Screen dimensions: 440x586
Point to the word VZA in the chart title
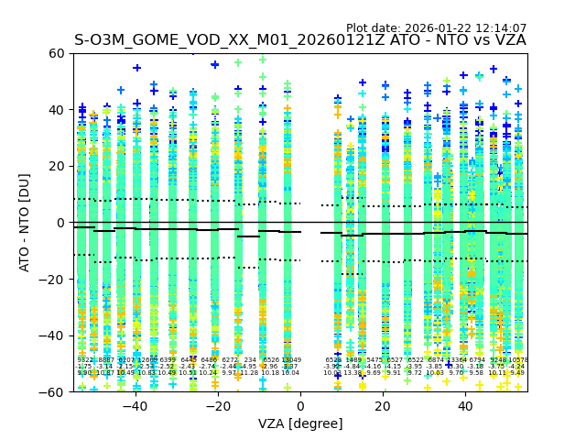pyautogui.click(x=507, y=40)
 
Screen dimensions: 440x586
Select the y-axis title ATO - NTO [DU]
pyautogui.click(x=26, y=222)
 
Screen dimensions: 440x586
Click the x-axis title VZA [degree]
pyautogui.click(x=300, y=423)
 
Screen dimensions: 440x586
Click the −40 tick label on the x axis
pyautogui.click(x=135, y=406)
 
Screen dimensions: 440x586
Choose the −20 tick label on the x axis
pyautogui.click(x=217, y=406)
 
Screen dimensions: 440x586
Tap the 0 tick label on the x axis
pyautogui.click(x=300, y=406)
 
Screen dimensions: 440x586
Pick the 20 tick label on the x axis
pyautogui.click(x=383, y=406)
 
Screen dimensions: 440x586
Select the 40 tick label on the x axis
pyautogui.click(x=465, y=406)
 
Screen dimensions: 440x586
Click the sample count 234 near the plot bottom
pyautogui.click(x=250, y=360)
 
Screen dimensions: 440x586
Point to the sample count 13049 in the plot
pyautogui.click(x=290, y=360)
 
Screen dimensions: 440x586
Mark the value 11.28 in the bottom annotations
pyautogui.click(x=249, y=373)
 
